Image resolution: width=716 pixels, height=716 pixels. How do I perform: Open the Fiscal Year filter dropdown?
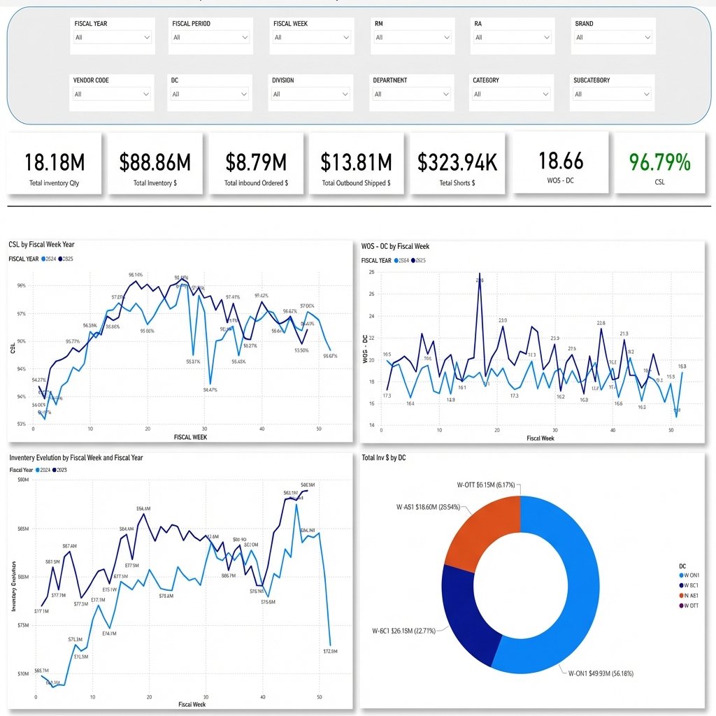point(112,37)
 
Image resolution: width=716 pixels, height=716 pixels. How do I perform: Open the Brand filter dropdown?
point(613,37)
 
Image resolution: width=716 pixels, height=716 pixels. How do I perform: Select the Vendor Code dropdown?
point(112,94)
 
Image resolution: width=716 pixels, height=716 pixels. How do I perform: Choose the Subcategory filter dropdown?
point(613,94)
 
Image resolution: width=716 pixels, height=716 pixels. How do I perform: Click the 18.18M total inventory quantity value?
point(55,162)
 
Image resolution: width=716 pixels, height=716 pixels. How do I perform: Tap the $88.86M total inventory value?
point(155,162)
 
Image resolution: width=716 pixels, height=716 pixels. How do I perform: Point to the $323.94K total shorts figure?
point(457,162)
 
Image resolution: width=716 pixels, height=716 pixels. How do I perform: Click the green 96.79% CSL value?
point(659,162)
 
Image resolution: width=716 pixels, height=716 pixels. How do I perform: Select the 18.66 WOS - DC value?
point(561,161)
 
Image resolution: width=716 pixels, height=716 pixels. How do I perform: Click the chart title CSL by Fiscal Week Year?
point(41,245)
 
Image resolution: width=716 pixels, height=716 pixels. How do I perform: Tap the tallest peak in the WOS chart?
point(480,273)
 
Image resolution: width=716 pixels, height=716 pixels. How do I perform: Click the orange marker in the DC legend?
point(681,595)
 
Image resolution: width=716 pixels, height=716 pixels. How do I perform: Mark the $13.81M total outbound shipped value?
point(356,162)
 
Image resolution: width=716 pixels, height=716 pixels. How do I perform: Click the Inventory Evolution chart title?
point(76,457)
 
